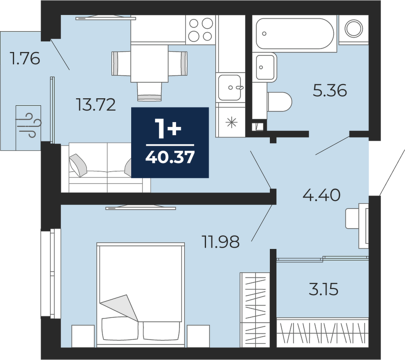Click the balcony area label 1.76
25,58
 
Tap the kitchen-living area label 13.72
96,105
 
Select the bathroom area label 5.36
330,90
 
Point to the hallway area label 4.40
321,195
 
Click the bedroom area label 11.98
221,242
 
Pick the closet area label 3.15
324,289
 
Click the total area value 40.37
169,157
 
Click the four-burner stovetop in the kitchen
201,30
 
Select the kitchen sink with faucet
230,87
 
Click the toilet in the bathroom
280,102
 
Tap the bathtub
295,33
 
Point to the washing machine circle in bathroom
353,28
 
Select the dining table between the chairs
150,63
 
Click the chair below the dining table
150,91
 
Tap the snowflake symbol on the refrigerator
232,122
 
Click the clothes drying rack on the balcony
29,127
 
